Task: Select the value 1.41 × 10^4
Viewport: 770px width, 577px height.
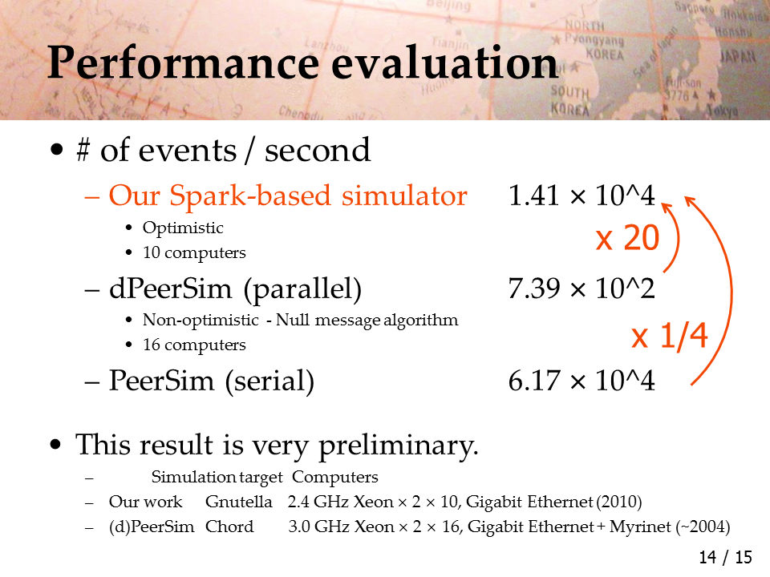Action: click(x=582, y=196)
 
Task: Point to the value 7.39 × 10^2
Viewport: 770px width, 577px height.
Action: click(x=582, y=288)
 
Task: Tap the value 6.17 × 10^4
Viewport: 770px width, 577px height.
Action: click(x=582, y=380)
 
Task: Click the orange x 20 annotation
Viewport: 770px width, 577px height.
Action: click(x=627, y=238)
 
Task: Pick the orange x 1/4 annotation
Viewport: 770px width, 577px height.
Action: click(x=669, y=336)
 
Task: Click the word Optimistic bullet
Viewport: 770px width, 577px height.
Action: click(x=183, y=228)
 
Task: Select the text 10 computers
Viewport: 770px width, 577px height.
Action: click(x=194, y=252)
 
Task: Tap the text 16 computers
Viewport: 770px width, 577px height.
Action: click(x=194, y=345)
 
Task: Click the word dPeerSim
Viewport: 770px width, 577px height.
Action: click(x=170, y=288)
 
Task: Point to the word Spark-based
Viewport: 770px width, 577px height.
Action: click(x=250, y=196)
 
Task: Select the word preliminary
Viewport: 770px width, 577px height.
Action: click(x=399, y=446)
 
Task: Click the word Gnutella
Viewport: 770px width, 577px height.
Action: click(x=239, y=502)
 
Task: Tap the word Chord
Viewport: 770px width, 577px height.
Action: click(x=229, y=527)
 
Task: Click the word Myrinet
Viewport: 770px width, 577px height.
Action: click(x=640, y=527)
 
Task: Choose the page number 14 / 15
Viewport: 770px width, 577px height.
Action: click(x=725, y=558)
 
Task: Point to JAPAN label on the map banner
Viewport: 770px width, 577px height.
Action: click(x=738, y=57)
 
